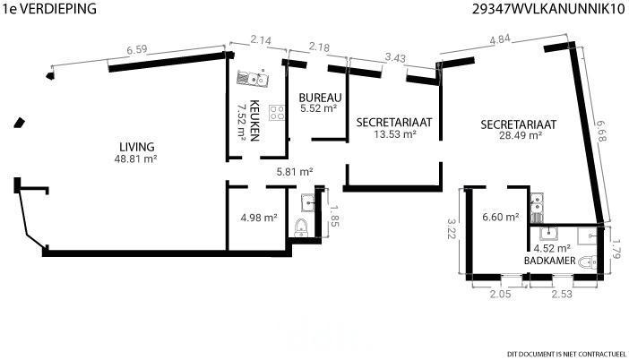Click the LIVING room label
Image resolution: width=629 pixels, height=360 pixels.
point(137,147)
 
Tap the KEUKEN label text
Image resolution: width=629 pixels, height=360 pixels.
point(254,121)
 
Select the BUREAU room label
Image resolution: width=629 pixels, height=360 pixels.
point(320,98)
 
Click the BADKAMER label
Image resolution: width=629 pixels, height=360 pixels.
point(549,261)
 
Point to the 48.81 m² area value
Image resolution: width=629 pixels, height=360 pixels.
point(135,159)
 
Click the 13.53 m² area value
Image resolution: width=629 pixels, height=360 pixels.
point(395,134)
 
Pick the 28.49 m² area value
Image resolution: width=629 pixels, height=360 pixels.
point(521,135)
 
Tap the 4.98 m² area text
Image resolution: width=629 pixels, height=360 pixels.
point(259,218)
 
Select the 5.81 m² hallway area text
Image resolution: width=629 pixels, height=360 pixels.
point(295,172)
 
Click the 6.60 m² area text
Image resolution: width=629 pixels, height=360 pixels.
point(501,217)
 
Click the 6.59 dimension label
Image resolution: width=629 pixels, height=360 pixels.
point(137,50)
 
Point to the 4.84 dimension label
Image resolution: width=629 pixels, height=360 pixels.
point(499,40)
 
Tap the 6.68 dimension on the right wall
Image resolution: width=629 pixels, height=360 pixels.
point(601,131)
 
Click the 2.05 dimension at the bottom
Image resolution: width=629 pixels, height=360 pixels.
point(500,294)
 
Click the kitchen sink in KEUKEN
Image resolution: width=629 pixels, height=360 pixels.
point(253,78)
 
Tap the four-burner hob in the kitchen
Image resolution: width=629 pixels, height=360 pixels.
point(277,113)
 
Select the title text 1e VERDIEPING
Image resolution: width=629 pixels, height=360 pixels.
point(50,8)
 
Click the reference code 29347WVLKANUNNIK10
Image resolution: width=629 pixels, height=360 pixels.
point(548,9)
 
